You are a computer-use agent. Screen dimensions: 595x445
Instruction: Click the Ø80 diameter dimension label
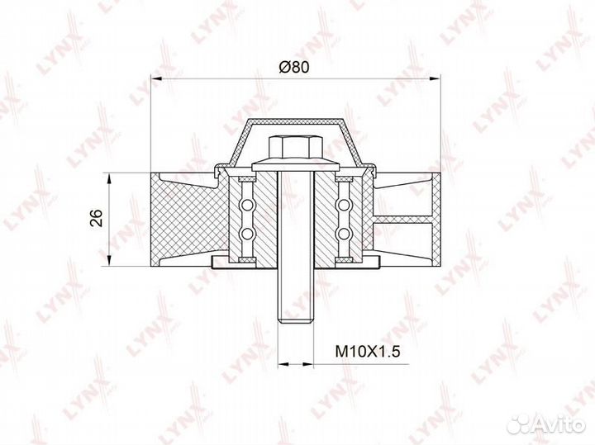(294, 67)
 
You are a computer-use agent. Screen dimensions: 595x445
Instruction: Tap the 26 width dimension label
(97, 218)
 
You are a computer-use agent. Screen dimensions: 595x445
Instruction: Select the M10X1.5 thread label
(368, 352)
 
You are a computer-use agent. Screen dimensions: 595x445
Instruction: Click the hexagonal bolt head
(296, 149)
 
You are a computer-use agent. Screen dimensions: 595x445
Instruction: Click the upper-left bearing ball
(247, 205)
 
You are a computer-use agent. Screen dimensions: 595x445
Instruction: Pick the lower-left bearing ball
(247, 234)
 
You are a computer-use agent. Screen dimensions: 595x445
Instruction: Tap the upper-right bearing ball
(344, 205)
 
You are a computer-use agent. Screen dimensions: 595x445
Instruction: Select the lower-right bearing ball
(344, 234)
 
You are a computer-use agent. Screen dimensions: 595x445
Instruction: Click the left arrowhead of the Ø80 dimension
(155, 78)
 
